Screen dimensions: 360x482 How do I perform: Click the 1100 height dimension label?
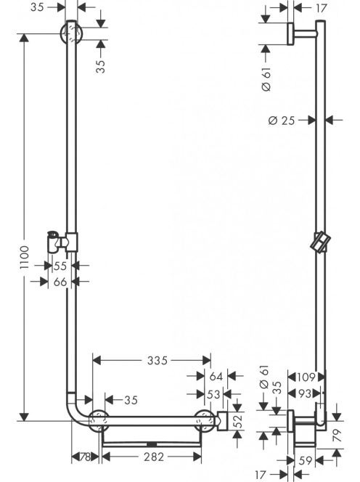(x=24, y=257)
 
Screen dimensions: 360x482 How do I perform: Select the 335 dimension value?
(x=157, y=360)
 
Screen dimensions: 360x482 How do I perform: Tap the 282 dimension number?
(x=154, y=457)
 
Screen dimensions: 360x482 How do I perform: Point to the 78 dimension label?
(x=85, y=457)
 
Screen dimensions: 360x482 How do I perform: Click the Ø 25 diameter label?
(x=282, y=120)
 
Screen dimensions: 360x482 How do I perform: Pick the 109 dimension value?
(x=306, y=377)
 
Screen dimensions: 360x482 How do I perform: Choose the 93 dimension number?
(x=305, y=393)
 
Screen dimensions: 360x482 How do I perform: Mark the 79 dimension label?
(x=337, y=436)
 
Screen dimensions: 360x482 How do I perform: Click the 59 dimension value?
(x=306, y=460)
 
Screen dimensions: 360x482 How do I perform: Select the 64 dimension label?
(x=216, y=376)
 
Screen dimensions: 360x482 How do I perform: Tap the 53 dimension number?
(x=213, y=394)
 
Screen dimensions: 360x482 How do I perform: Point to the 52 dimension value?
(x=238, y=422)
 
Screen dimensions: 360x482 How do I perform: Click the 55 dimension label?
(x=60, y=266)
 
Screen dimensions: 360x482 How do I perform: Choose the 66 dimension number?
(x=60, y=282)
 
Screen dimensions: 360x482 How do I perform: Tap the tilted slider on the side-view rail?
(x=320, y=242)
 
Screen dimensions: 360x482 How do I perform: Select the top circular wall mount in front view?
(x=71, y=33)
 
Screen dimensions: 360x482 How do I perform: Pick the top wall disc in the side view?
(x=290, y=33)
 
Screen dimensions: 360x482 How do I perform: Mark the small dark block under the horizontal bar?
(x=152, y=444)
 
